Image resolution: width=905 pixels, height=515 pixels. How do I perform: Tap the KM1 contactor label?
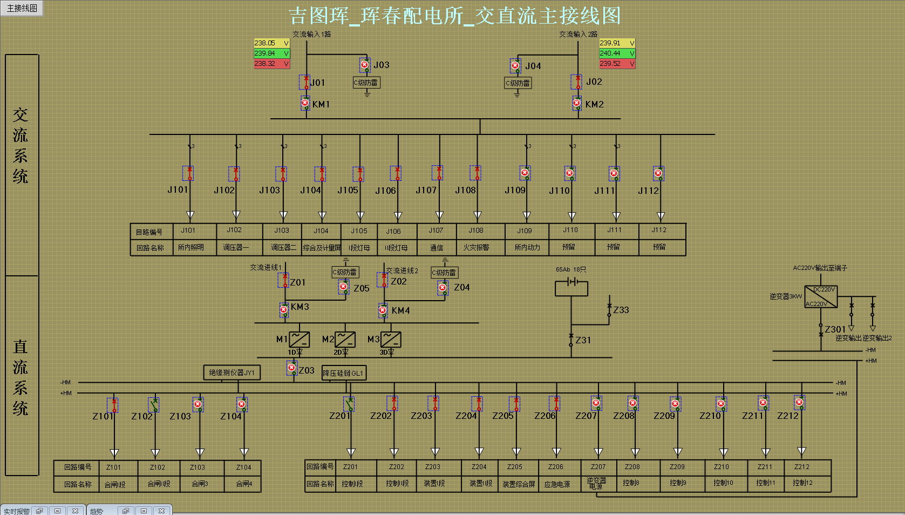pyautogui.click(x=321, y=104)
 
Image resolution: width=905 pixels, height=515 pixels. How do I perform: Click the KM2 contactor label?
pyautogui.click(x=594, y=104)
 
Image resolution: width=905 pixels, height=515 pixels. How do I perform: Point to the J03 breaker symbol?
pyautogui.click(x=365, y=65)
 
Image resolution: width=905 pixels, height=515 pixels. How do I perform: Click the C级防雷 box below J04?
pyautogui.click(x=518, y=83)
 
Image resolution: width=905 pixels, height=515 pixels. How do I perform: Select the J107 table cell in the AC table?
pyautogui.click(x=436, y=231)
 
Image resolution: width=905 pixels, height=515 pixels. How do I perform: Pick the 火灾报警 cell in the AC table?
pyautogui.click(x=476, y=247)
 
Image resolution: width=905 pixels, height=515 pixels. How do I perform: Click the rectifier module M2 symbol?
pyautogui.click(x=345, y=340)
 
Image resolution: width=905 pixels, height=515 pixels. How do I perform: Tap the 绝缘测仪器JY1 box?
pyautogui.click(x=232, y=372)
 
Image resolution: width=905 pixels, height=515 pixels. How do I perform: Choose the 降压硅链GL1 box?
pyautogui.click(x=344, y=373)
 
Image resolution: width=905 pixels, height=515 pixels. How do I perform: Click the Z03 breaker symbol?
pyautogui.click(x=292, y=368)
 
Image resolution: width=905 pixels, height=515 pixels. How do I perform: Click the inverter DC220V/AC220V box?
pyautogui.click(x=821, y=297)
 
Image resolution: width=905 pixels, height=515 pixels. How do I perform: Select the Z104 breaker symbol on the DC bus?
pyautogui.click(x=242, y=404)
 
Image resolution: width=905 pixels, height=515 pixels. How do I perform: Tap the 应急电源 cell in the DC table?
pyautogui.click(x=556, y=484)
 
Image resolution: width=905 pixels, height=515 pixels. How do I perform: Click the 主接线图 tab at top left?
pyautogui.click(x=22, y=8)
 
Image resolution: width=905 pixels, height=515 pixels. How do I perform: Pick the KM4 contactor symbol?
pyautogui.click(x=383, y=310)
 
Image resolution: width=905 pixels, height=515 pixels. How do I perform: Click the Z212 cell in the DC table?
pyautogui.click(x=801, y=467)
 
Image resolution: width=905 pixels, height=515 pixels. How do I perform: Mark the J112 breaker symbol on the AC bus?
pyautogui.click(x=658, y=174)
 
